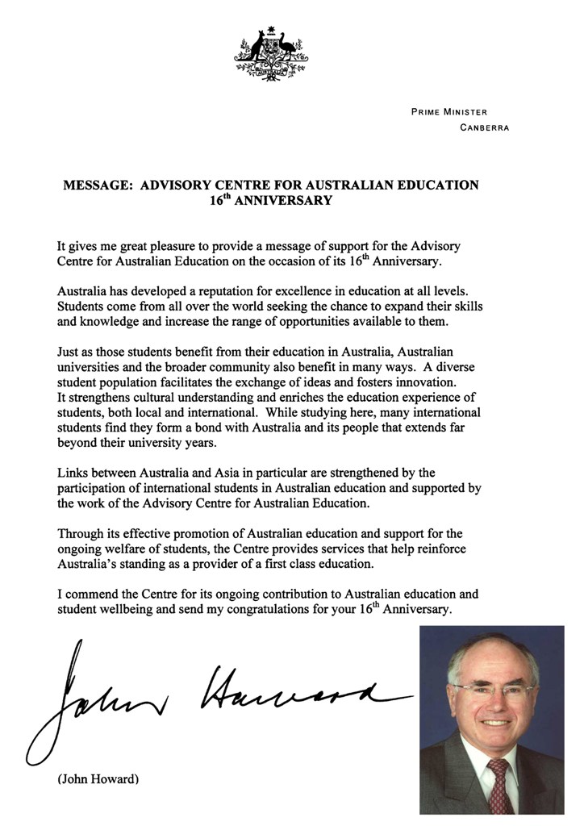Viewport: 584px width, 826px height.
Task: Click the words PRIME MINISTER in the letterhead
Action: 449,112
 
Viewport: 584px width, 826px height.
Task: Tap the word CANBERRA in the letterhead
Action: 484,127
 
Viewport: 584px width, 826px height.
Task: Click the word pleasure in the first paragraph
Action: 176,245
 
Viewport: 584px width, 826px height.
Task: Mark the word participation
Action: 91,487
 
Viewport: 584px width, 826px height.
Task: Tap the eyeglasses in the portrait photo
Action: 494,691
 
